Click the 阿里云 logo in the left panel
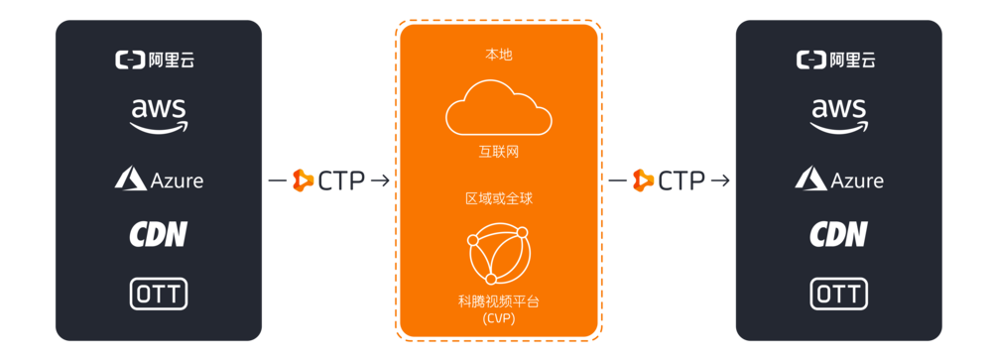tap(159, 60)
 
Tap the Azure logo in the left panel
tap(159, 180)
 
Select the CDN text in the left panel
tap(159, 234)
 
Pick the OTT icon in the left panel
tap(159, 294)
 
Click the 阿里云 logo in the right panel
tap(839, 60)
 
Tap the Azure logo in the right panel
tap(839, 180)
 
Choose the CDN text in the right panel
tap(839, 234)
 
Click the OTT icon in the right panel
tap(839, 294)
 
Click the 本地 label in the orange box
tap(499, 55)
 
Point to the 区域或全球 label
tap(499, 198)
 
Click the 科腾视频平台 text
tap(499, 300)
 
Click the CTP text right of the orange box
tap(682, 180)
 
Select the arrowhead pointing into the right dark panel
tap(727, 180)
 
